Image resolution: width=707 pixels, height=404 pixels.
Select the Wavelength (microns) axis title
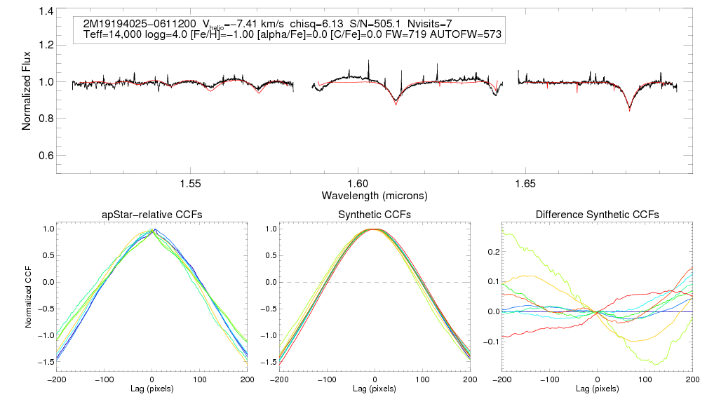(x=374, y=195)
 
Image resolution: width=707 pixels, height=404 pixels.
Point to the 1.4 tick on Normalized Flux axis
(x=46, y=12)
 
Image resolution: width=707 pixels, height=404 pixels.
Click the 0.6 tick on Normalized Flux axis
(x=46, y=155)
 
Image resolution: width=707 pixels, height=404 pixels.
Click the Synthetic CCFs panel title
(x=375, y=215)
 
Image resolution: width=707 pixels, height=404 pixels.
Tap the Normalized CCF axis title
(x=28, y=295)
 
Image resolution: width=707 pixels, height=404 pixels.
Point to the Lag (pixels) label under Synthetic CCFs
(x=375, y=388)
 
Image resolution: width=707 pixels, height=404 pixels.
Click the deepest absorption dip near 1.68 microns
(x=629, y=110)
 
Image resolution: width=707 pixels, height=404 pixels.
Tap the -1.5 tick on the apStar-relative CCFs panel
(x=47, y=362)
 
